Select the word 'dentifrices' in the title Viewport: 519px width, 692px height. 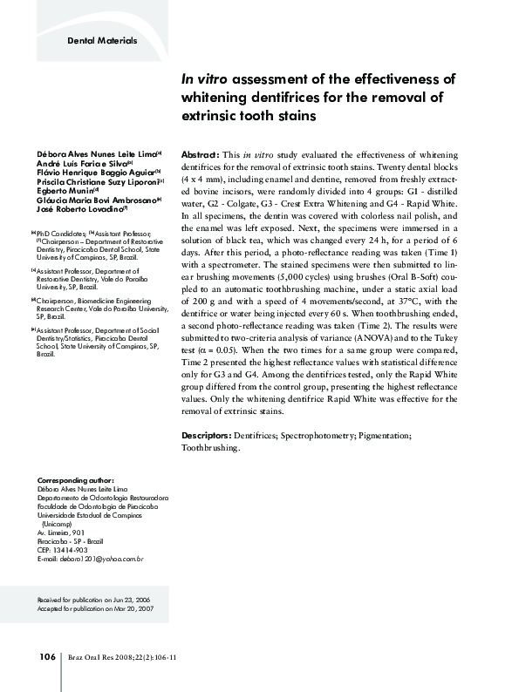click(299, 97)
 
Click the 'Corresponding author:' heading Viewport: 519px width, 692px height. click(76, 480)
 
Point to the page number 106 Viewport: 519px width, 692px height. click(47, 656)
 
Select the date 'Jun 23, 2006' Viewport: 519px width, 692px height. click(133, 600)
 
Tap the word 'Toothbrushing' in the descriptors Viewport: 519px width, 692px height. click(209, 447)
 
